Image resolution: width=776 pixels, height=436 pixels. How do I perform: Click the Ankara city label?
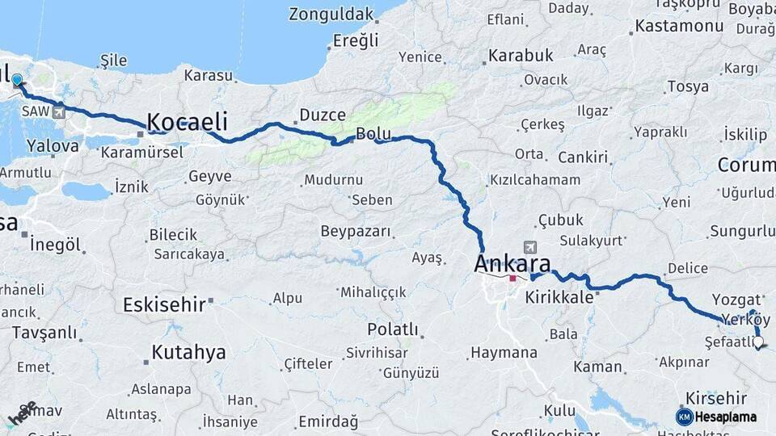click(x=512, y=263)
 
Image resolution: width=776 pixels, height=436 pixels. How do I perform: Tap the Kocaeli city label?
click(x=187, y=123)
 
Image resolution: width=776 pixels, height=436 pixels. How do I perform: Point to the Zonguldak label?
click(x=331, y=15)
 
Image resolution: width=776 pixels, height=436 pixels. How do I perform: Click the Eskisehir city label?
click(x=164, y=304)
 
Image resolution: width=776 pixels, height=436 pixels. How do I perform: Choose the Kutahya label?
click(x=188, y=352)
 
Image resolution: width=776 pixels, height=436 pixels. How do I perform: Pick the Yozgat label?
click(x=736, y=299)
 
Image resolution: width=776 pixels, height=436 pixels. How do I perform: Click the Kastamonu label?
click(x=679, y=26)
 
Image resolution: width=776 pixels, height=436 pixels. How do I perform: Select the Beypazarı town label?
click(x=356, y=232)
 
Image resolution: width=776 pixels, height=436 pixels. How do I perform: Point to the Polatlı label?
click(x=393, y=329)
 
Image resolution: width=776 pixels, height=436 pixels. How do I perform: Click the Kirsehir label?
click(x=715, y=398)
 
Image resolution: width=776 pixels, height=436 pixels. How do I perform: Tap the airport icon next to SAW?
click(x=58, y=112)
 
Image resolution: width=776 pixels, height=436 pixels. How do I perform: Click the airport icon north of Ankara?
click(x=529, y=247)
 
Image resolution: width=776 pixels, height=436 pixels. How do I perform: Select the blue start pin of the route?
click(x=17, y=80)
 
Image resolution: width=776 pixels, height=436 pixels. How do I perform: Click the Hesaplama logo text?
click(x=725, y=417)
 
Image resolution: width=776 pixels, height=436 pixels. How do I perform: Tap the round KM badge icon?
click(x=684, y=417)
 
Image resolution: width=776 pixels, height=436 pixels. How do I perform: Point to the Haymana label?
click(x=504, y=353)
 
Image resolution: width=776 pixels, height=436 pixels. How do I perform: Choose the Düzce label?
click(x=323, y=115)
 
